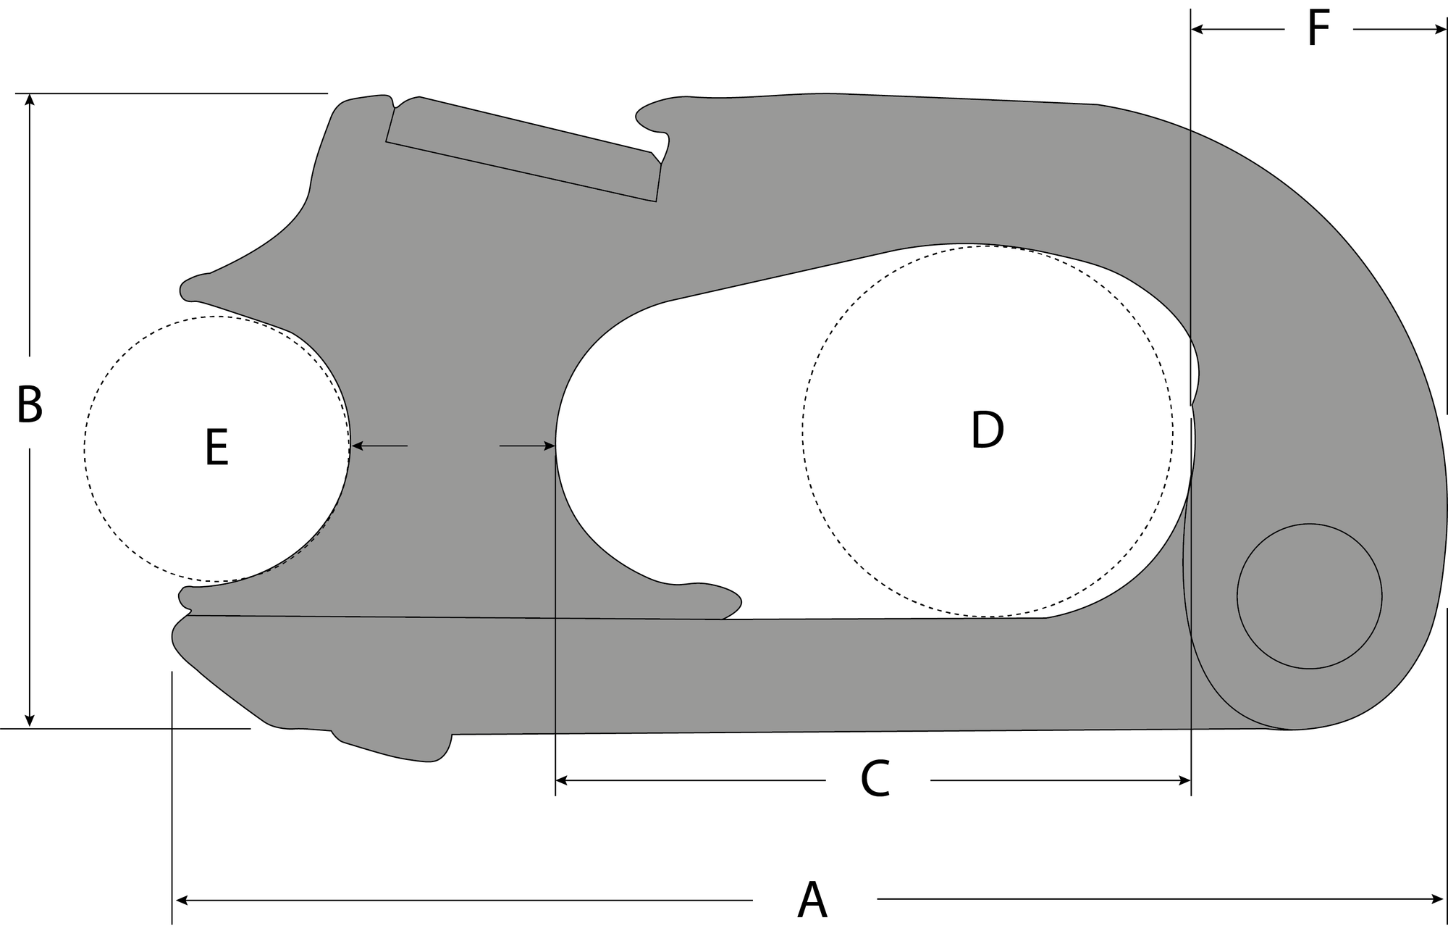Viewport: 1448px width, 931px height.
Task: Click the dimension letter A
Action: tap(812, 901)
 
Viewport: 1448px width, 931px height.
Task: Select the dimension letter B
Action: tap(30, 405)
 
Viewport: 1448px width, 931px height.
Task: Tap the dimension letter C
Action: tap(875, 780)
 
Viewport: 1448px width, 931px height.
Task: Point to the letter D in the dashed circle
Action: tap(987, 430)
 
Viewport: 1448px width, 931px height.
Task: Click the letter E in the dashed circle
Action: tap(217, 448)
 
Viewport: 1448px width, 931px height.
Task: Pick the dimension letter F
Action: tap(1318, 30)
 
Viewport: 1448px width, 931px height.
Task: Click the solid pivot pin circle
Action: tap(1309, 596)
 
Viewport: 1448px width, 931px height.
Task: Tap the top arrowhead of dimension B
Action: tap(30, 99)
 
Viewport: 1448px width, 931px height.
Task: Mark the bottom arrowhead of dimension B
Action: tap(30, 721)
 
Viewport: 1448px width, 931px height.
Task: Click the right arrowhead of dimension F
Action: tap(1441, 30)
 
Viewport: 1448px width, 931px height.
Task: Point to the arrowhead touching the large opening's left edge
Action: tap(550, 446)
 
